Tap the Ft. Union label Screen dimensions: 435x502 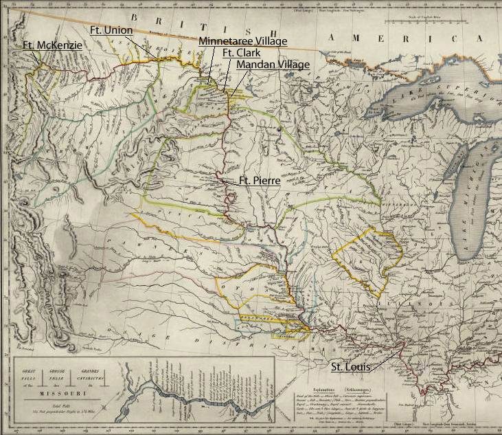point(111,30)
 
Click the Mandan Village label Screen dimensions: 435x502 point(273,64)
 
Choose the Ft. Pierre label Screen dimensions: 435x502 point(259,181)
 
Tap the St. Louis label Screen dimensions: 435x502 point(351,367)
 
